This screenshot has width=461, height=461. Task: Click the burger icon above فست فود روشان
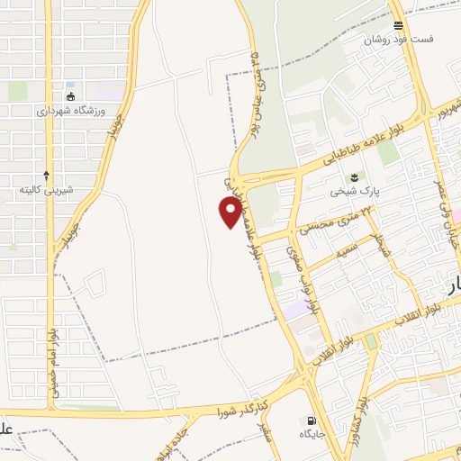398,24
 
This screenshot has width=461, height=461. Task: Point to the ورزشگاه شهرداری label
72,111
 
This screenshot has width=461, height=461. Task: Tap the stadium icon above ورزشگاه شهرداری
71,95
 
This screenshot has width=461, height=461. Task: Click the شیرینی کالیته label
46,190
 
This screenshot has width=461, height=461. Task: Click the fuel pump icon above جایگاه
312,421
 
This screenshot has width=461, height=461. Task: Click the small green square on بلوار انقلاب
370,341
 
